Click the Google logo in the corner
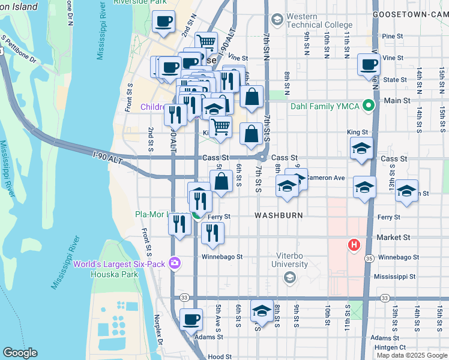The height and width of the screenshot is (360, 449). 20,353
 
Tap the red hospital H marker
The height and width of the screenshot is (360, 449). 354,245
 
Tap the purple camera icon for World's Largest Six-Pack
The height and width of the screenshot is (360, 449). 175,263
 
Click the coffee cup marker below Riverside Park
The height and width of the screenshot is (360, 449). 163,22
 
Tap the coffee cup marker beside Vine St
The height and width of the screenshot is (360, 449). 368,64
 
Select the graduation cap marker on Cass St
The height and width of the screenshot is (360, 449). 361,148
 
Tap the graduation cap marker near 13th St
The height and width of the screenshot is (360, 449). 407,191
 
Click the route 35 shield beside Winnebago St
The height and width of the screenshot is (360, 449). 369,258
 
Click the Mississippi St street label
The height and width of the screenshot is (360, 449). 394,277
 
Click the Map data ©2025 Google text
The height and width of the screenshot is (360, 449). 411,355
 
